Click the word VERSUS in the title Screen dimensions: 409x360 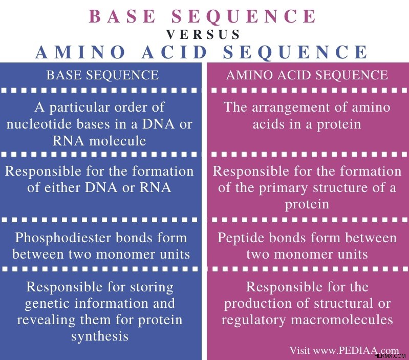[203, 34]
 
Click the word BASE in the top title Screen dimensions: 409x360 [122, 16]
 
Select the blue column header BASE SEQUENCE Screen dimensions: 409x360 [102, 75]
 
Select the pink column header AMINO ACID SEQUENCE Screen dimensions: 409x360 [307, 75]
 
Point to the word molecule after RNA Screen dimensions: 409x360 [117, 141]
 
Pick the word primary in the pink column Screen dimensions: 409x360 [283, 188]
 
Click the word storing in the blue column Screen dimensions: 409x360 [152, 287]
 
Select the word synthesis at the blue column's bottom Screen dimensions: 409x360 [100, 336]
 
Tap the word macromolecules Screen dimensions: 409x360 [342, 320]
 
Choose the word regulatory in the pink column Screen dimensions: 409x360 [253, 320]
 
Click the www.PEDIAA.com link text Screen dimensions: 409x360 [356, 350]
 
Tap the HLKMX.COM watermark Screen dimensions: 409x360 [390, 355]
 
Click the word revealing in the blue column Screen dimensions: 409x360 [46, 320]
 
